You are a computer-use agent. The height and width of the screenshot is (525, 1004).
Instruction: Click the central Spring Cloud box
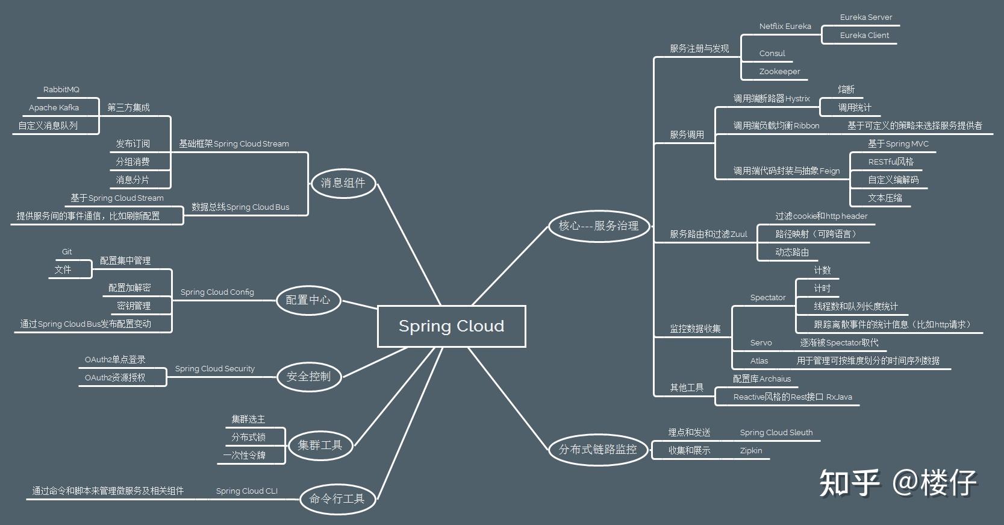tap(451, 326)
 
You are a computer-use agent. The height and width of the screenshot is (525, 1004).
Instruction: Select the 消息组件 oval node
tap(343, 183)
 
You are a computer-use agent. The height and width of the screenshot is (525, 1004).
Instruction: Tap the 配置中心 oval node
tap(308, 300)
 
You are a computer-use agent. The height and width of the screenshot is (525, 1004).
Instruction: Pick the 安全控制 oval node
tap(308, 376)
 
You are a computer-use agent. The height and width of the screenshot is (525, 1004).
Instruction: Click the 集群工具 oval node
tap(319, 445)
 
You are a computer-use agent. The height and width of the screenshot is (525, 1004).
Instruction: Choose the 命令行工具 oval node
tap(337, 498)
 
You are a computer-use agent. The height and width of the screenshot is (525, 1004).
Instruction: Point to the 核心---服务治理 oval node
tap(599, 225)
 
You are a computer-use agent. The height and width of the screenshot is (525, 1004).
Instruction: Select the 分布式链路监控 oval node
tap(597, 449)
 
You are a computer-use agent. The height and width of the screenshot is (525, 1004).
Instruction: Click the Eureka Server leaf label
tap(865, 17)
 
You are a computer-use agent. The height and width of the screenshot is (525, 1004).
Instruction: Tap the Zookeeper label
tap(779, 71)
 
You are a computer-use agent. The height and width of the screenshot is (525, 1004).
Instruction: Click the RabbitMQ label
tap(61, 89)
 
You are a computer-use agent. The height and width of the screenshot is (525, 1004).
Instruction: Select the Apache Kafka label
tap(54, 107)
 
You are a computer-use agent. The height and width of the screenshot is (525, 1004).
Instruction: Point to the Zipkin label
tap(750, 450)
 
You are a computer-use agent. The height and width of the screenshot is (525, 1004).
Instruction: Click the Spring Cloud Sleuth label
tap(776, 432)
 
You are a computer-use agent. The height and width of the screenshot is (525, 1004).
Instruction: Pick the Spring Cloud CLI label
tap(246, 491)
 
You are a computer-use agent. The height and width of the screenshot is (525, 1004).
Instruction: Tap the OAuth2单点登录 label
tap(115, 359)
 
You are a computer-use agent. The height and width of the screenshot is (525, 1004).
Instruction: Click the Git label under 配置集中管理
tap(67, 251)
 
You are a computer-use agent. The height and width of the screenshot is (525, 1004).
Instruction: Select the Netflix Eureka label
tap(785, 26)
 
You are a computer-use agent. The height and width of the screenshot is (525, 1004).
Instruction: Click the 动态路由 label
tap(791, 252)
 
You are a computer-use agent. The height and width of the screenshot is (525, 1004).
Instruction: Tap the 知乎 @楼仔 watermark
tap(897, 483)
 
